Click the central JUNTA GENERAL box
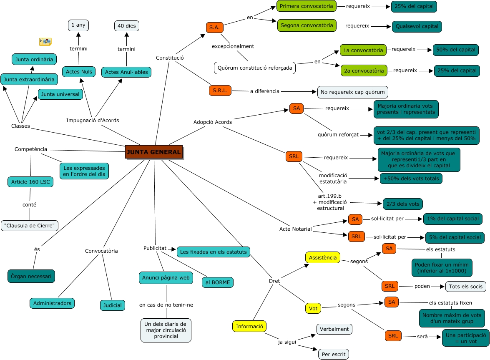[x=154, y=152]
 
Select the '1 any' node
[x=78, y=25]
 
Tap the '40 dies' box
[x=127, y=26]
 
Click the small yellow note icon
[x=45, y=41]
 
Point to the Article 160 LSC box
[x=30, y=182]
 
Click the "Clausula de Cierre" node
[x=29, y=225]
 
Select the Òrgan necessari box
[x=31, y=276]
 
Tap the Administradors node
[x=52, y=303]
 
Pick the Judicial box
[x=113, y=305]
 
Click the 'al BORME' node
[x=218, y=282]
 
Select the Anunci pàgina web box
[x=166, y=277]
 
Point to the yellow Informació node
[x=249, y=326]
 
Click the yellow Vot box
[x=313, y=309]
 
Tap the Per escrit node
[x=334, y=354]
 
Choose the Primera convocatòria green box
[x=307, y=6]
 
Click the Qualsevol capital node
[x=417, y=26]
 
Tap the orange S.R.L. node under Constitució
[x=220, y=91]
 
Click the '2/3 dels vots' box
[x=403, y=204]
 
